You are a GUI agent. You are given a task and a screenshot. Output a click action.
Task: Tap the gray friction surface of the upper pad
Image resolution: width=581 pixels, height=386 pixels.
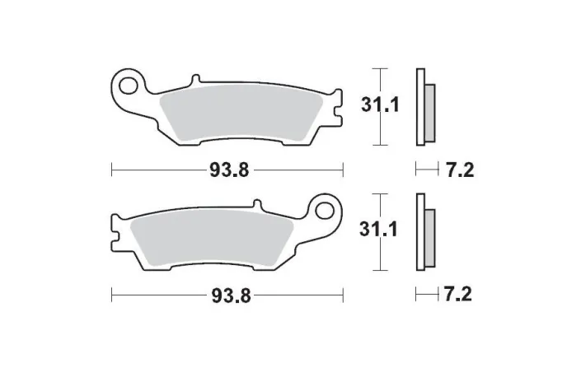click(x=239, y=115)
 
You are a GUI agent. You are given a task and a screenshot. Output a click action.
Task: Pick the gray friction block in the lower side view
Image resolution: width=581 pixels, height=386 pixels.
click(x=430, y=240)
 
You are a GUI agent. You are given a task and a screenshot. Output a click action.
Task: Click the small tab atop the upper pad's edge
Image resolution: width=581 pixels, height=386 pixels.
click(x=195, y=81)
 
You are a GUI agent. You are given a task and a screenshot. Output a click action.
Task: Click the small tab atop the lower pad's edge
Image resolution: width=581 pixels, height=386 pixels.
click(x=257, y=203)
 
